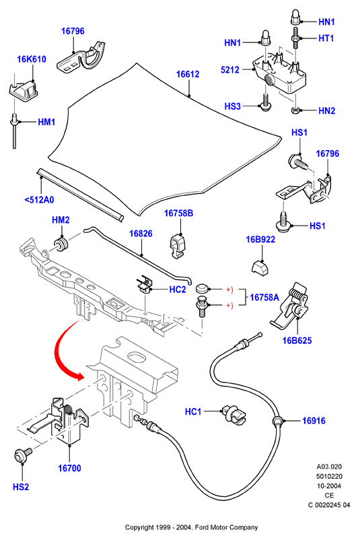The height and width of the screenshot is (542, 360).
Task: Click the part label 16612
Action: (x=188, y=74)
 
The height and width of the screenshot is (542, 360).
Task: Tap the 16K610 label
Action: (x=32, y=59)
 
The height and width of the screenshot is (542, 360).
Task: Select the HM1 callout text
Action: (x=46, y=122)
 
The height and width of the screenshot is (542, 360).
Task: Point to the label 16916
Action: (x=314, y=421)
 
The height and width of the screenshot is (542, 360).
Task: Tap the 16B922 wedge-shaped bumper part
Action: (x=260, y=267)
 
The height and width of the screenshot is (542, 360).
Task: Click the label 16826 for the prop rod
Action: (x=141, y=234)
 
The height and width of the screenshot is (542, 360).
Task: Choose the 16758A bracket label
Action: (x=264, y=298)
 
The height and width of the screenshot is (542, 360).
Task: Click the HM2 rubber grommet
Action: (x=61, y=244)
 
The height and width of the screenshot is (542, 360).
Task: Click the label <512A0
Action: (x=40, y=200)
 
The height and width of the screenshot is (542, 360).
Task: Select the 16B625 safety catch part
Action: (x=289, y=304)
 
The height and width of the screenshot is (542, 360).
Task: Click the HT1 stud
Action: (x=296, y=38)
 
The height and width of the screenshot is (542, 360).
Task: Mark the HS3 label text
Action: (x=233, y=106)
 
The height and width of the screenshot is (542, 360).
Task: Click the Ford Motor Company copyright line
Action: (x=191, y=527)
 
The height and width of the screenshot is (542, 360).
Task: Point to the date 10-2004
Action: (x=329, y=485)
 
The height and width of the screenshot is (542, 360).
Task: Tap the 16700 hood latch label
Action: (x=69, y=469)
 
